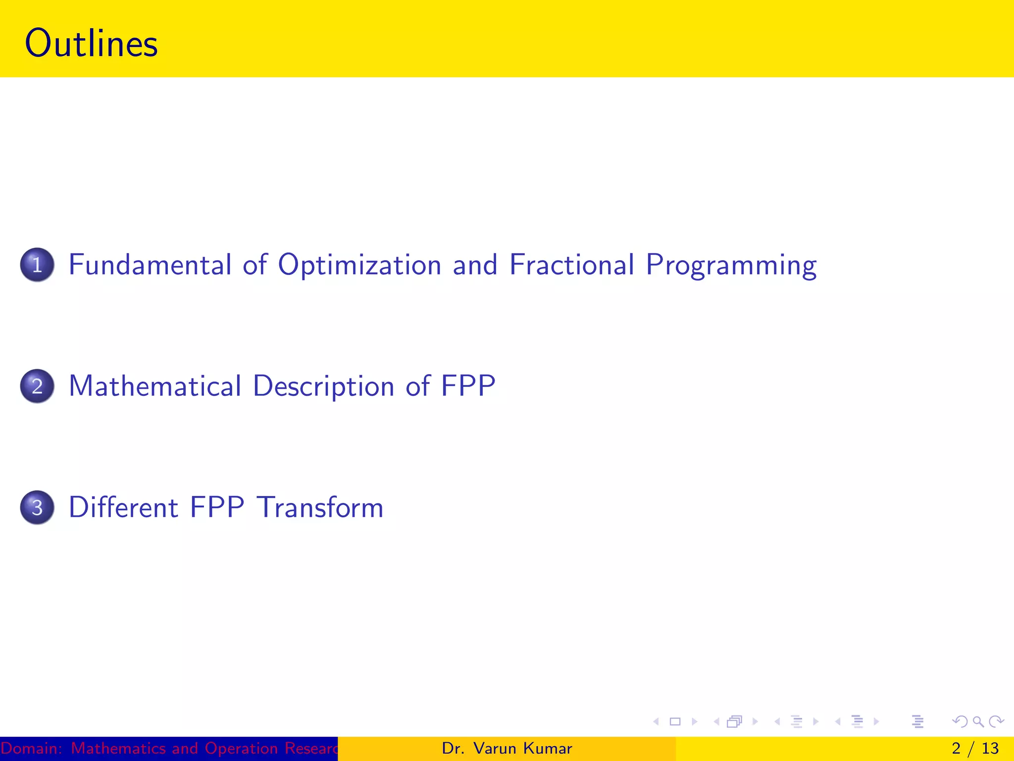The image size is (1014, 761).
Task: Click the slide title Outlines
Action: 91,44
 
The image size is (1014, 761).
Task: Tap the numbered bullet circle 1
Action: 37,265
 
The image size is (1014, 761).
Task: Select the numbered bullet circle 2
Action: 37,386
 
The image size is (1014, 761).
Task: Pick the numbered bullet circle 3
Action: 37,507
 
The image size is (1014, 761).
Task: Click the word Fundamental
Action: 150,265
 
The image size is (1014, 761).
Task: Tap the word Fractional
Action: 571,265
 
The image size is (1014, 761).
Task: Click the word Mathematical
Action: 155,386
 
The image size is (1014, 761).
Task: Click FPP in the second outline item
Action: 468,386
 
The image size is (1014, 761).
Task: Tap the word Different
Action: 123,507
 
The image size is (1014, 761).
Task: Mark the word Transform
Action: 320,507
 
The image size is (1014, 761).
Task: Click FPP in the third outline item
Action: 217,507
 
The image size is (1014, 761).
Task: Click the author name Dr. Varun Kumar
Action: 507,748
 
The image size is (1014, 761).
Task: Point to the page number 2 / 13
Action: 975,748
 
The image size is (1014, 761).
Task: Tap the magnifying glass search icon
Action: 978,721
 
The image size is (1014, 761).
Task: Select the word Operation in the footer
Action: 241,748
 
